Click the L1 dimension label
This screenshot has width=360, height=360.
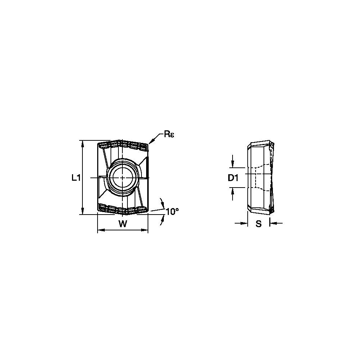[x=76, y=177]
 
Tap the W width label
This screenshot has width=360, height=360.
[x=123, y=224]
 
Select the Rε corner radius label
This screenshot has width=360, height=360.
[x=169, y=134]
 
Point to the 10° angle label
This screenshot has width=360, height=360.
[x=172, y=212]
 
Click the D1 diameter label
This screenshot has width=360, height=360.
[x=234, y=178]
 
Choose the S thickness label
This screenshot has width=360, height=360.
[x=258, y=224]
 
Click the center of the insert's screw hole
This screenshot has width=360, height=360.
[x=123, y=177]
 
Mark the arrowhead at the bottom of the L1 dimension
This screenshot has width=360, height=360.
[x=83, y=212]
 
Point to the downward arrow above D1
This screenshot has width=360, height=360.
[x=233, y=164]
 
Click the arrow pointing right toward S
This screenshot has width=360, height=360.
[x=245, y=224]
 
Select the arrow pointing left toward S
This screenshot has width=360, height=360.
[x=273, y=224]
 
